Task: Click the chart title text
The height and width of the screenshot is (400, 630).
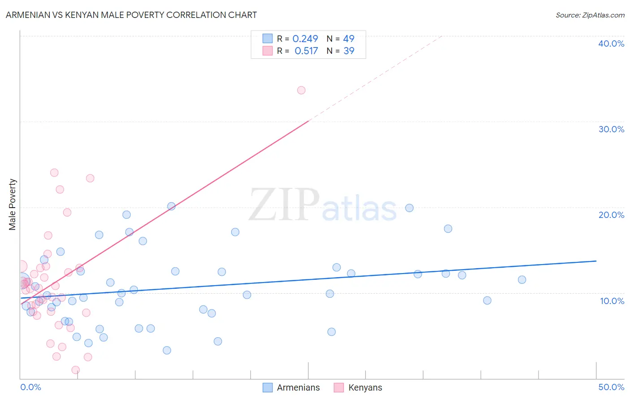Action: (x=131, y=15)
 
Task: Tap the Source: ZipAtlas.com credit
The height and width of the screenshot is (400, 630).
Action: (x=590, y=15)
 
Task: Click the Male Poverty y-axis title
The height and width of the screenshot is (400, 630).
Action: (x=13, y=204)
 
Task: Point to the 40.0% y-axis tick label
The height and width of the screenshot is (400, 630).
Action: (x=611, y=43)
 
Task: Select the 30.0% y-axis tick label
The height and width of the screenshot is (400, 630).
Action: (x=611, y=129)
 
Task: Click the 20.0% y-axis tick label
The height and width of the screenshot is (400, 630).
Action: (x=611, y=215)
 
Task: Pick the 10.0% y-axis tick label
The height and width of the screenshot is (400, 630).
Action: (x=612, y=301)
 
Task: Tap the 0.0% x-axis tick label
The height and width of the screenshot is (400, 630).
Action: (x=30, y=387)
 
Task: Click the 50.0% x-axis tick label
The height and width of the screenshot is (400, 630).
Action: (x=611, y=387)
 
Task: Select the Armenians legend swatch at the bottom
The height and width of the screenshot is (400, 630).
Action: (x=268, y=387)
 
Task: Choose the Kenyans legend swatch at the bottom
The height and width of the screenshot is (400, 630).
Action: (x=339, y=387)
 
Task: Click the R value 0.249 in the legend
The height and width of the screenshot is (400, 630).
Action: (x=305, y=39)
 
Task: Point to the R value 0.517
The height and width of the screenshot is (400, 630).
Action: (x=306, y=51)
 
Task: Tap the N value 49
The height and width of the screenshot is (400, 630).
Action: (x=349, y=39)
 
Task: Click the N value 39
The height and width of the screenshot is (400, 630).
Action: (x=349, y=51)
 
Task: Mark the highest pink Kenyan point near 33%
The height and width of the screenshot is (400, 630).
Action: (x=301, y=90)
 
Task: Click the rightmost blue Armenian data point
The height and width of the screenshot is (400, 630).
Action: (x=522, y=280)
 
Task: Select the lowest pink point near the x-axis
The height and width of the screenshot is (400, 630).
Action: (x=76, y=370)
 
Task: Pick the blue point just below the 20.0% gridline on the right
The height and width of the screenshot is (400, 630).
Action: (x=409, y=208)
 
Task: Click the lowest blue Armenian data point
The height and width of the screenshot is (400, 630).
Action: (x=167, y=350)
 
